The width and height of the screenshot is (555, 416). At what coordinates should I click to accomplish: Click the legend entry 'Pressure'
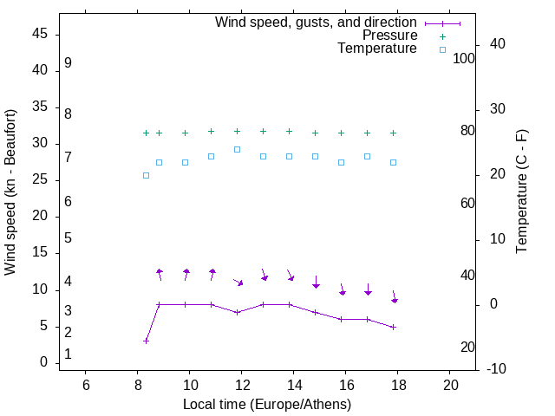pyautogui.click(x=389, y=36)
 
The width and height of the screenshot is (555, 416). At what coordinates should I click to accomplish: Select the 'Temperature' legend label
pyautogui.click(x=377, y=49)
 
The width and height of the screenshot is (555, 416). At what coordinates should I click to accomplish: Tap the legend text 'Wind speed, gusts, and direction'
pyautogui.click(x=316, y=23)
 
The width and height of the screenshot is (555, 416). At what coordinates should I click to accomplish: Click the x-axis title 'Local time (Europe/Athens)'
pyautogui.click(x=267, y=405)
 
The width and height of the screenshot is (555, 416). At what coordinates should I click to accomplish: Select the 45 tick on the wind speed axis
pyautogui.click(x=40, y=35)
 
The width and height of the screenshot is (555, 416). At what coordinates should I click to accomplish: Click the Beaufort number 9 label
pyautogui.click(x=68, y=63)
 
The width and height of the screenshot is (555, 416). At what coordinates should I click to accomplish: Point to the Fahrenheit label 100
pyautogui.click(x=464, y=58)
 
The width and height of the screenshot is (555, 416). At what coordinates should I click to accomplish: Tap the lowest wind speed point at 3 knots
pyautogui.click(x=146, y=341)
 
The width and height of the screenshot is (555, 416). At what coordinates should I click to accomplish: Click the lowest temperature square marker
pyautogui.click(x=146, y=175)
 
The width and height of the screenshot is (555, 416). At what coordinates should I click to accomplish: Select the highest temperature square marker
pyautogui.click(x=237, y=149)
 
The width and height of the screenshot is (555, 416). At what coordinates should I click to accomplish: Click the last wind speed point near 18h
pyautogui.click(x=393, y=327)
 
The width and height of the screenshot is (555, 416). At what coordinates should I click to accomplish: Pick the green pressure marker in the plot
pyautogui.click(x=146, y=133)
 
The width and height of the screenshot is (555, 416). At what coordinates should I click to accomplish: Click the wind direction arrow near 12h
pyautogui.click(x=238, y=282)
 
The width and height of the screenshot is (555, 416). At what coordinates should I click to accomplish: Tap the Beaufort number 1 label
pyautogui.click(x=68, y=354)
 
